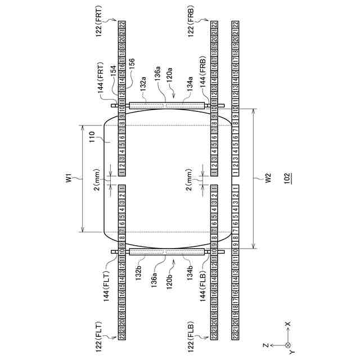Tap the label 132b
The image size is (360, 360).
click(145, 272)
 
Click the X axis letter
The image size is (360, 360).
click(287, 325)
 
